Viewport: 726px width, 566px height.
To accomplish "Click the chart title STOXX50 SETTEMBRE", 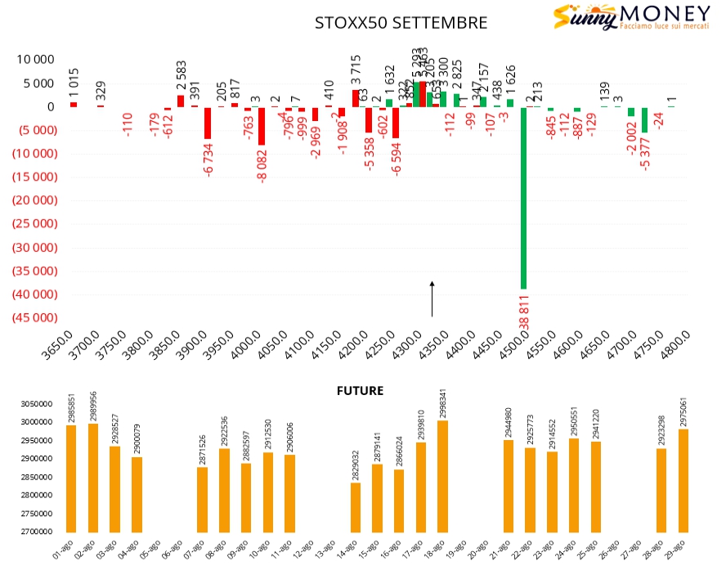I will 401,23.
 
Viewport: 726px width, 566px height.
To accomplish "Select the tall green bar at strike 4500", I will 523,196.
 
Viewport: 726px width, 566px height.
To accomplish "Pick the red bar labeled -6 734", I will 208,123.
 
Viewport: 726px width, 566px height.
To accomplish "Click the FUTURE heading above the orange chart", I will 360,391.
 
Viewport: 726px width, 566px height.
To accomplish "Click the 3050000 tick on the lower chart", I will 36,404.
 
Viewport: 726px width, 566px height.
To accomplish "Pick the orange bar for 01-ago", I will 71,478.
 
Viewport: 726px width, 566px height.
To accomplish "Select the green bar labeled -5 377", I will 644,119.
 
